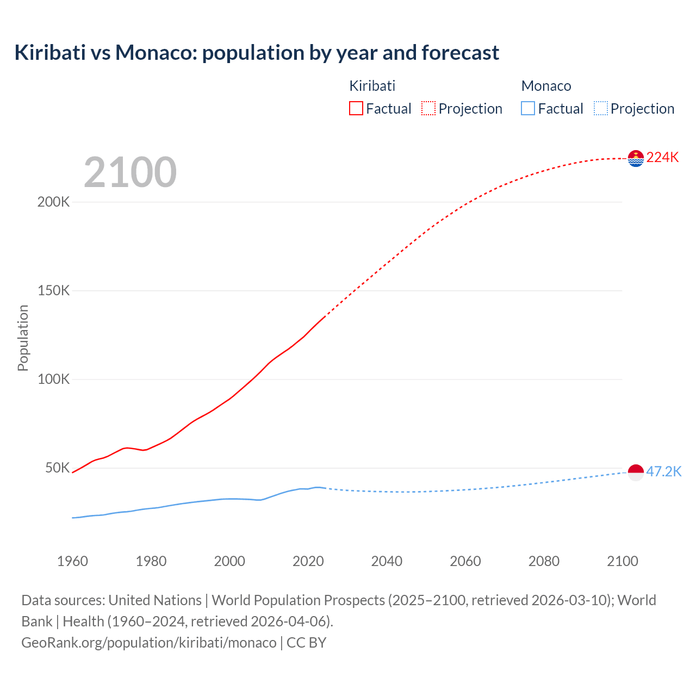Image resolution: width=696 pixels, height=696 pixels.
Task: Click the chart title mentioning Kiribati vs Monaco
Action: (x=257, y=53)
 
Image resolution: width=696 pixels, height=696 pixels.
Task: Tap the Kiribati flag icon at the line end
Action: (x=636, y=158)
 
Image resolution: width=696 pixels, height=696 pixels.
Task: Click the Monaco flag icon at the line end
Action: (x=636, y=472)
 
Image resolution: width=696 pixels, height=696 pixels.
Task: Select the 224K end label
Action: (x=662, y=158)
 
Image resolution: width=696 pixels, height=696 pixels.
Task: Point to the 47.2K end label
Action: (x=663, y=471)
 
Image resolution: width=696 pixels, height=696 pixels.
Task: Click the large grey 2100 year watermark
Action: (x=130, y=172)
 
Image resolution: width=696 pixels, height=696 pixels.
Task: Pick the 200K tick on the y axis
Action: (x=54, y=202)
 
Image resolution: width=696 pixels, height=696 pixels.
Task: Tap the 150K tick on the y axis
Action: (x=54, y=291)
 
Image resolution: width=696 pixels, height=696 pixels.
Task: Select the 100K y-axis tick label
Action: (x=54, y=380)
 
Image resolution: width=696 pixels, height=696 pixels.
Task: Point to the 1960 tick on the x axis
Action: (x=72, y=561)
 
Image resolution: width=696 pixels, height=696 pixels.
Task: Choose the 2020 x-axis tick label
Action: (x=308, y=561)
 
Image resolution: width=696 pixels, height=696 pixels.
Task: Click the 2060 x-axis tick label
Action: (x=465, y=561)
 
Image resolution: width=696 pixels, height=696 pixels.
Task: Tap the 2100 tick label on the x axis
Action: (x=623, y=561)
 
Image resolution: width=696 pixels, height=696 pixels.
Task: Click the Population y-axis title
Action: (x=23, y=338)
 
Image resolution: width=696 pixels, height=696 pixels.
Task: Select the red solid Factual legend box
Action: (x=356, y=109)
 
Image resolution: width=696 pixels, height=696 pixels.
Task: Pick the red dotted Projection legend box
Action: (x=428, y=109)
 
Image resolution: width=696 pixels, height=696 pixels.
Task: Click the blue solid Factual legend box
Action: (x=528, y=109)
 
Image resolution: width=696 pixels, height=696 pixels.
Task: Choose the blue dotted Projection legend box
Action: (x=601, y=109)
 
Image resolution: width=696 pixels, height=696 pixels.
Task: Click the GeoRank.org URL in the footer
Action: (x=149, y=643)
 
